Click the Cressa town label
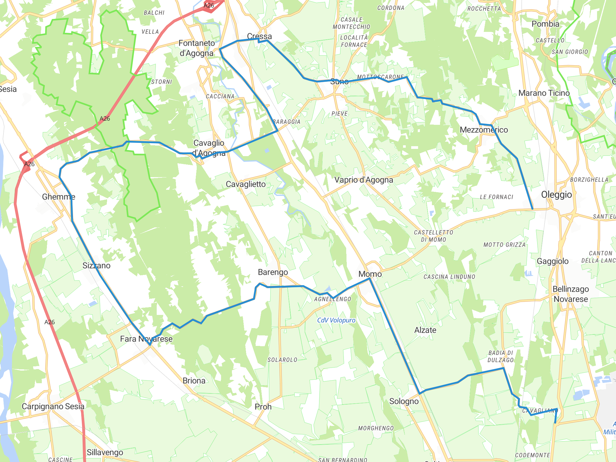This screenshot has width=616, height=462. [259, 36]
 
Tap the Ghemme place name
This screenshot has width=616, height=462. [59, 197]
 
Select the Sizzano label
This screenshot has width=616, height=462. [96, 265]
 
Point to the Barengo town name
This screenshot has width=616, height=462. [273, 272]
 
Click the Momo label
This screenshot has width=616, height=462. [370, 274]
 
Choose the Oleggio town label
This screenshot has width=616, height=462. [556, 195]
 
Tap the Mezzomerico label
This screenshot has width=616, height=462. [484, 130]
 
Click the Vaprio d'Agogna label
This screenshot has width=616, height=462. [364, 180]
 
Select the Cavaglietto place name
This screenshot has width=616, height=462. [246, 184]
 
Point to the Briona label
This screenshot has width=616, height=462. [194, 380]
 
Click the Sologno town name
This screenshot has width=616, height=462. [404, 401]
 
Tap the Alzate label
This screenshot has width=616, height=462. [425, 330]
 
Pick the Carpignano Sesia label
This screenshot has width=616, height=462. [53, 406]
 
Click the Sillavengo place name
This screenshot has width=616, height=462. [105, 452]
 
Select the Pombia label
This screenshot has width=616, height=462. [545, 24]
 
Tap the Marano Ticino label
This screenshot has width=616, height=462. [544, 93]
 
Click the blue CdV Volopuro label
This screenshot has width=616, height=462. [336, 320]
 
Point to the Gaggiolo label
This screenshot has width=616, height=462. [553, 261]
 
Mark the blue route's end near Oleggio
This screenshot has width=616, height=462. [532, 209]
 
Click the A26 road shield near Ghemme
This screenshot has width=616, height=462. [29, 164]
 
